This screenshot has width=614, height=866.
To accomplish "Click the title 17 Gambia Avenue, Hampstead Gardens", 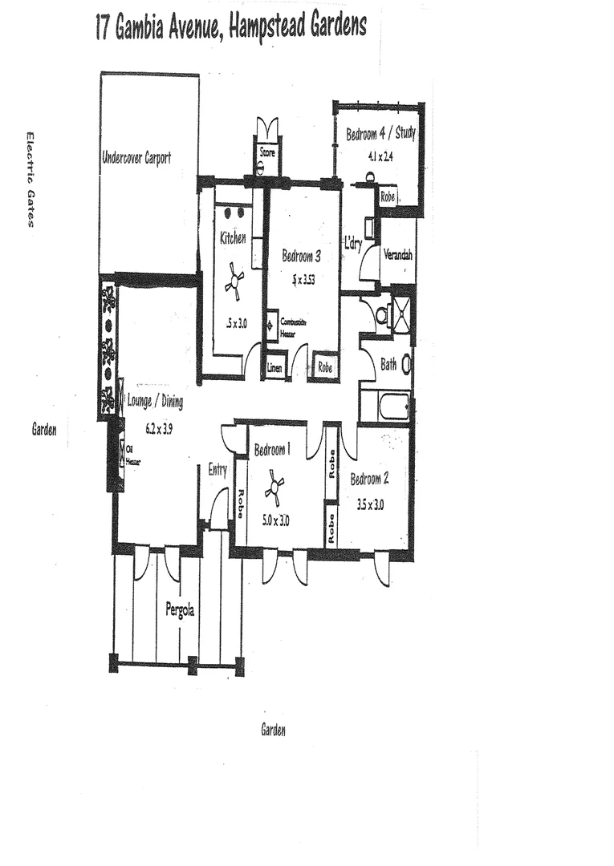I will [230, 27].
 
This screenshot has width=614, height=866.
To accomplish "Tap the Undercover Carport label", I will [136, 158].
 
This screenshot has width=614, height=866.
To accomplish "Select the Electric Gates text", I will [30, 180].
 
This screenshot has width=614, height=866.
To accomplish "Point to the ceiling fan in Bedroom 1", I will [275, 488].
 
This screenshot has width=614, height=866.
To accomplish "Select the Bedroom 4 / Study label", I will [380, 134].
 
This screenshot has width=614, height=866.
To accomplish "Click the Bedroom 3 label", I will [302, 257].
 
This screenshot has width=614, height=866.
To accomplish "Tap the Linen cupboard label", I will [275, 368].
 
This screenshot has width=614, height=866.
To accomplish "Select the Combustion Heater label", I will [293, 325].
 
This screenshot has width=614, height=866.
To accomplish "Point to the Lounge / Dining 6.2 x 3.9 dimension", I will [158, 428].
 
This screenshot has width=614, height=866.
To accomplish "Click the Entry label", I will [218, 470].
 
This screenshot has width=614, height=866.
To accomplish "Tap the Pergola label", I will [179, 609].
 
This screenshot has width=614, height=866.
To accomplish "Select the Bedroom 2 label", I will [369, 480].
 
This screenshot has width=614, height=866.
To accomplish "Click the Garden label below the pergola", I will [273, 730].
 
